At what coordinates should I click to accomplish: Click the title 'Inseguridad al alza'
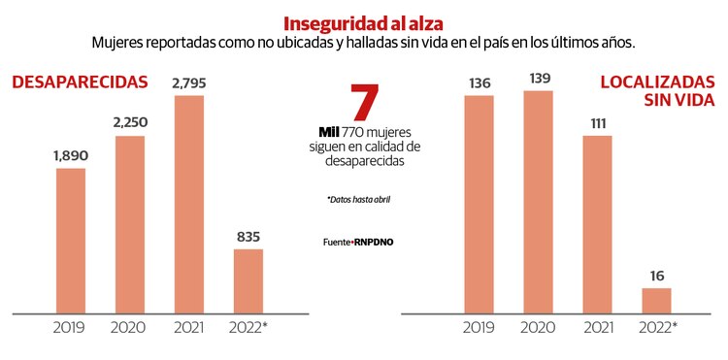(x=363, y=22)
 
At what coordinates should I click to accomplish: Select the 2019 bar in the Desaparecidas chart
(x=71, y=241)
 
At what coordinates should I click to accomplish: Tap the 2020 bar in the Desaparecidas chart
(x=129, y=224)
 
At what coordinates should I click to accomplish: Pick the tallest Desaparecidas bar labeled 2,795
(x=189, y=204)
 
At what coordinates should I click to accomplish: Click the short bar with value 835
(x=248, y=280)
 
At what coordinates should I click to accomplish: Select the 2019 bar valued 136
(x=480, y=205)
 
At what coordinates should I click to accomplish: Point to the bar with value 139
(x=538, y=202)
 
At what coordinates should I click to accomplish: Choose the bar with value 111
(x=598, y=224)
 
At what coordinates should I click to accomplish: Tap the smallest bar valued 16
(x=656, y=300)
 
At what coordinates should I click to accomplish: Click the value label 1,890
(x=71, y=154)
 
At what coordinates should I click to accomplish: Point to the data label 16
(x=656, y=275)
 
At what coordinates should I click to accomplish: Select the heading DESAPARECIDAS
(x=80, y=82)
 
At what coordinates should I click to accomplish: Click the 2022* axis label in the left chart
(x=248, y=327)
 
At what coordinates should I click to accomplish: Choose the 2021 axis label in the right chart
(x=598, y=327)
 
